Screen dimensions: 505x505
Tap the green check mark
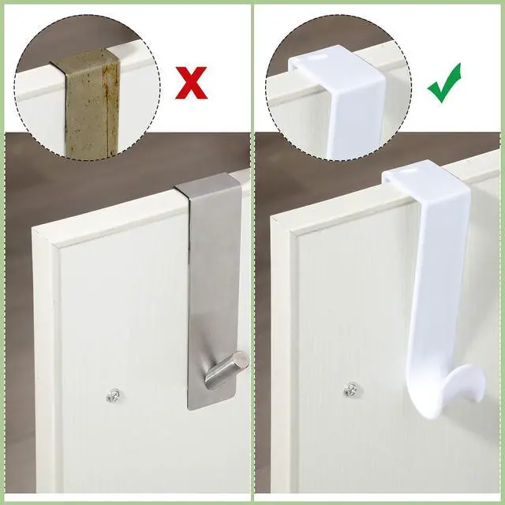pyautogui.click(x=444, y=85)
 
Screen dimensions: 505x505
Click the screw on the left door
pyautogui.click(x=114, y=393)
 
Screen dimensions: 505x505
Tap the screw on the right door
pyautogui.click(x=352, y=389)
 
